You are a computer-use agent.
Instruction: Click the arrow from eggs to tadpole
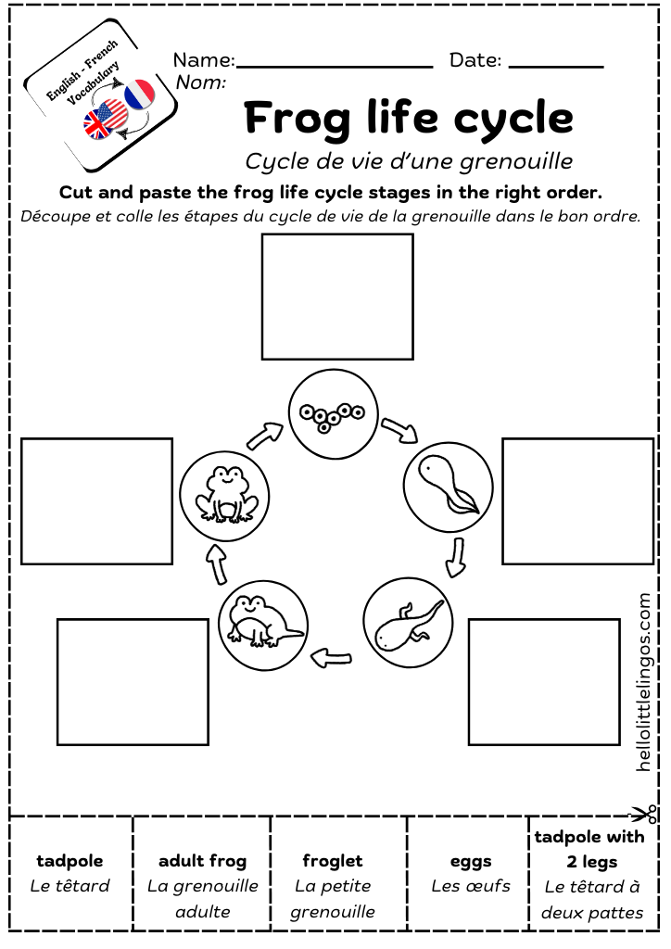click(x=400, y=429)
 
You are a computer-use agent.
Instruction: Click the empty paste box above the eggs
click(x=337, y=296)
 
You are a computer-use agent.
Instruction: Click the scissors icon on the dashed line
click(x=645, y=815)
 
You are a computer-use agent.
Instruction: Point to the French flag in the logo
click(x=140, y=95)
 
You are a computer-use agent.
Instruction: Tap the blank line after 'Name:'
click(x=335, y=66)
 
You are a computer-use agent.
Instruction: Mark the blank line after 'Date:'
click(x=556, y=66)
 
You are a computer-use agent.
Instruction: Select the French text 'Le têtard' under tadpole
click(x=70, y=886)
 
